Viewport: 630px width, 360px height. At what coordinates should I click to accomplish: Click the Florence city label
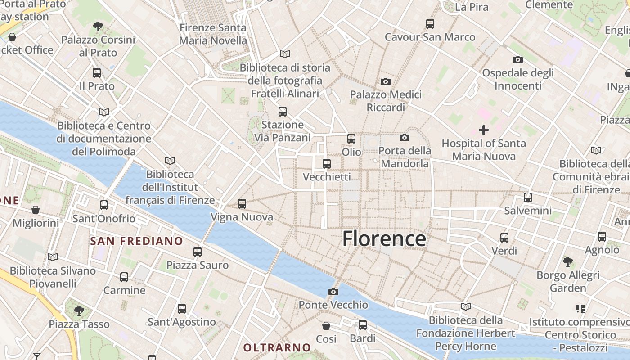(x=384, y=238)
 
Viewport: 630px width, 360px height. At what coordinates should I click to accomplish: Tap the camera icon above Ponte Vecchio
(x=333, y=292)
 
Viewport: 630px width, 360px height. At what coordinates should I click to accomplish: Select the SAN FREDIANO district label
(x=137, y=241)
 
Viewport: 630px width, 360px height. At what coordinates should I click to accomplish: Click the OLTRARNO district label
(x=277, y=347)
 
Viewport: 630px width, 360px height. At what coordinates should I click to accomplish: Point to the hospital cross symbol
(x=484, y=130)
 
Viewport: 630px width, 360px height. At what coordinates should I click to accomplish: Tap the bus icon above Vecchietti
(x=327, y=164)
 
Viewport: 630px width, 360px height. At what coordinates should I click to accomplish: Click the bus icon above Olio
(x=351, y=139)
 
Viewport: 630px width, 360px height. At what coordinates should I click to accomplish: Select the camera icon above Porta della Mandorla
(x=405, y=137)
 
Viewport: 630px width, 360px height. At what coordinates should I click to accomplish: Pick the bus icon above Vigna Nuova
(x=242, y=204)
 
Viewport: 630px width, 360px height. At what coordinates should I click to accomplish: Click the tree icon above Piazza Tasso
(x=79, y=310)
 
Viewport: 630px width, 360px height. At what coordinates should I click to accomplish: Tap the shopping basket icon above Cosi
(x=326, y=325)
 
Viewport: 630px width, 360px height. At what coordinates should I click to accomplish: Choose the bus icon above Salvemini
(x=528, y=197)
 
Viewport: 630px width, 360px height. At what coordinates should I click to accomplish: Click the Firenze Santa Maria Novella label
(x=213, y=34)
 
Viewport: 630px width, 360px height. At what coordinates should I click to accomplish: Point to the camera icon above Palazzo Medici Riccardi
(x=385, y=81)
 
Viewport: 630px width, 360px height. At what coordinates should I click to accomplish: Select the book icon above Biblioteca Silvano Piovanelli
(x=53, y=257)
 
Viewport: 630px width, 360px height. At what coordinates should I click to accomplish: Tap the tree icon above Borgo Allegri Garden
(x=568, y=261)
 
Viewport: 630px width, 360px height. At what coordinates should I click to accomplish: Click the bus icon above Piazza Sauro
(x=198, y=252)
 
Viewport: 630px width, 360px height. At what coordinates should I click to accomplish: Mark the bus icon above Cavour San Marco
(x=430, y=23)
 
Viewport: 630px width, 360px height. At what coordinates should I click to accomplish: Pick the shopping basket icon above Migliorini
(x=36, y=210)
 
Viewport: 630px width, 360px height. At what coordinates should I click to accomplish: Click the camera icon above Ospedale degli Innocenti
(x=517, y=59)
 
